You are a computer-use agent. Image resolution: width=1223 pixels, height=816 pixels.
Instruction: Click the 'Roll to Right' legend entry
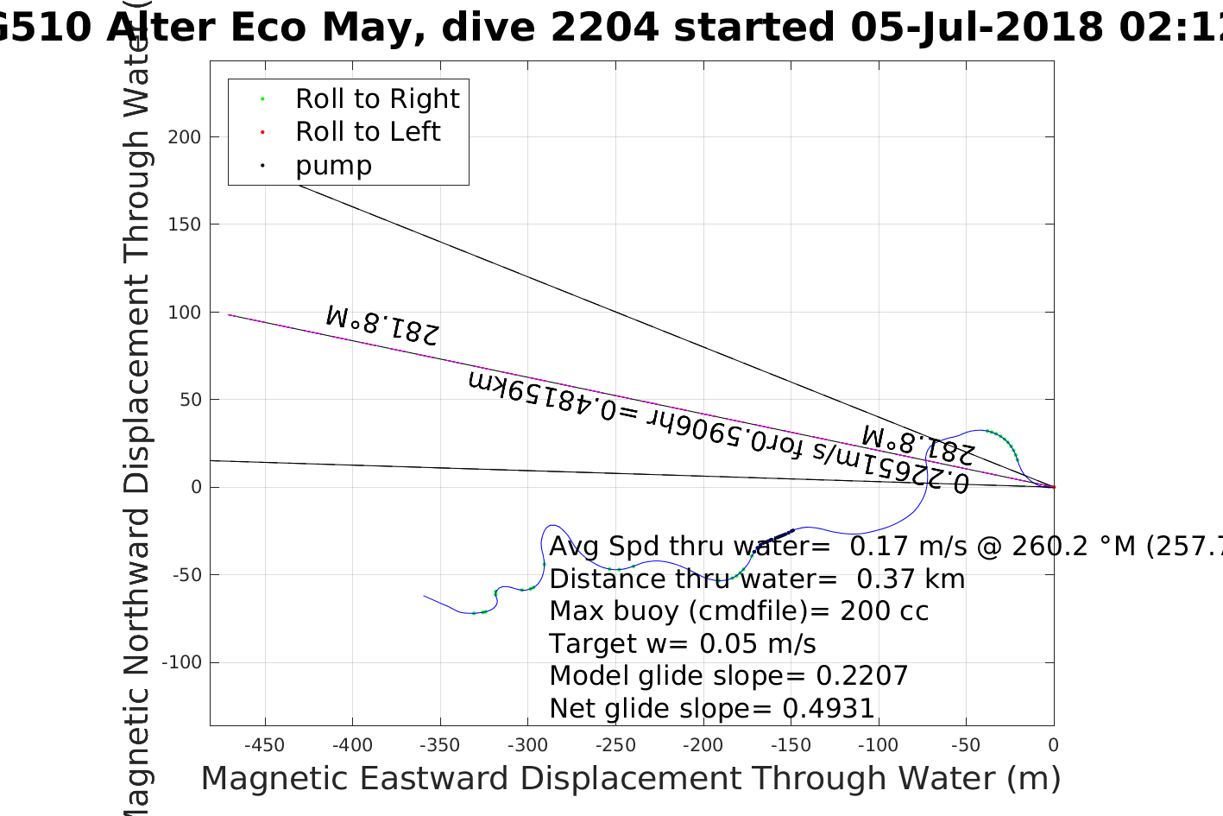click(x=376, y=99)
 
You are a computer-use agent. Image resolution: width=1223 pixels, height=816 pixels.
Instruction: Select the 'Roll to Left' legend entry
click(x=367, y=132)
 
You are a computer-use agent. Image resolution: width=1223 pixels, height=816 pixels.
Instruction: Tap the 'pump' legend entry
click(x=333, y=165)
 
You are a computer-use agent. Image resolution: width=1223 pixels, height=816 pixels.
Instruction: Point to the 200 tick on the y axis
click(x=184, y=137)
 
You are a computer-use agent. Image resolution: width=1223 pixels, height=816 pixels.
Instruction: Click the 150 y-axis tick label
click(x=184, y=225)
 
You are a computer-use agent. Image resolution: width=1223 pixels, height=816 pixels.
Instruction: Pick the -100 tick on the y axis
click(x=182, y=662)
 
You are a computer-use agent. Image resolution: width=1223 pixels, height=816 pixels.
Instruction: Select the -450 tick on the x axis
click(x=264, y=745)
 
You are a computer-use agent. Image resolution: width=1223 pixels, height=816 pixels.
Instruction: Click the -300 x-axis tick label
click(x=526, y=745)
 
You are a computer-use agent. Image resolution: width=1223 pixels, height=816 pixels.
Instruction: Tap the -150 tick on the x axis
click(x=790, y=745)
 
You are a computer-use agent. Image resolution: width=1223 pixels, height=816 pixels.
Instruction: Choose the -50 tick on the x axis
click(x=966, y=745)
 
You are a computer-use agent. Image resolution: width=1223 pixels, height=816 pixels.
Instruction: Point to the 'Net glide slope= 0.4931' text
click(x=712, y=709)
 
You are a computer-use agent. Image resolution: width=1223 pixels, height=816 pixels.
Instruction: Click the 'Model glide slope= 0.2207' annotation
click(x=728, y=676)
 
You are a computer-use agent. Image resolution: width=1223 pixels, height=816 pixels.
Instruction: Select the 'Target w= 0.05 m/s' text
click(x=682, y=644)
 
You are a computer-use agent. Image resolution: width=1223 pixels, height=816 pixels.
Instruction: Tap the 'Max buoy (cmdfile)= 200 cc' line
click(x=739, y=611)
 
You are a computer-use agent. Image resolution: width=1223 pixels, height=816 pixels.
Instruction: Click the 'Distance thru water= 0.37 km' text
click(x=757, y=579)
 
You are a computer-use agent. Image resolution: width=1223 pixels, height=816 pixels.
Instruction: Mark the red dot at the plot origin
click(x=1054, y=487)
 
